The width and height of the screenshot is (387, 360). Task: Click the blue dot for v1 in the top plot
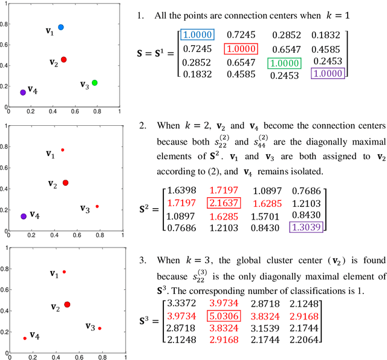point(60,27)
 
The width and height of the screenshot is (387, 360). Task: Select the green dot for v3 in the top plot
point(94,82)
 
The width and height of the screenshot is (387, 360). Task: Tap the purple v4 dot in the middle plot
point(23,216)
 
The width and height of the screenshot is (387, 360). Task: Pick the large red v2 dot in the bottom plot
point(67,304)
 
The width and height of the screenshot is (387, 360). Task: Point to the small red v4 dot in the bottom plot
point(25,338)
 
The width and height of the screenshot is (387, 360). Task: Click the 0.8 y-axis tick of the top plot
point(4,24)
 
